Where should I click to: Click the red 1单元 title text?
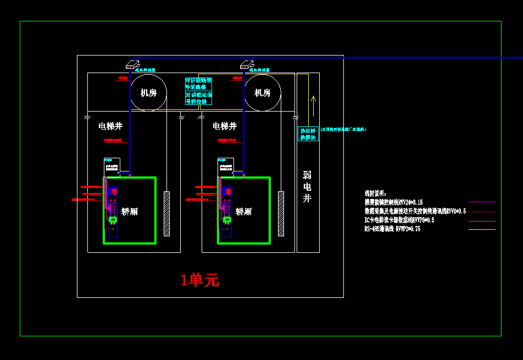coord(200,280)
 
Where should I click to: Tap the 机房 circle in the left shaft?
coord(148,93)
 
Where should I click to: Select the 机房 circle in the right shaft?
coord(263,93)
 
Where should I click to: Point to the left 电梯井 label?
coord(110,126)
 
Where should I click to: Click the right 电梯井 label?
coord(224,126)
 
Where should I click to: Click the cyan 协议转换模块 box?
coord(308,134)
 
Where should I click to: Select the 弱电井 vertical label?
coord(307,186)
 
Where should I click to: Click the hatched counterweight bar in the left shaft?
coord(166,213)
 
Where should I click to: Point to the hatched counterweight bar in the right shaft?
coord(281,213)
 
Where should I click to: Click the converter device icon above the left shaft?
coord(132,64)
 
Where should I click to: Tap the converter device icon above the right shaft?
coord(247,64)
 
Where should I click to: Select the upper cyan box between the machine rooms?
coord(198,84)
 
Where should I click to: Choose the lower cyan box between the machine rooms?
coord(198,98)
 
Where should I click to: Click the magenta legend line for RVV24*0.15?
coord(482,202)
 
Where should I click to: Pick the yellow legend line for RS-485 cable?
coord(482,229)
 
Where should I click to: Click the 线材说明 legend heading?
coord(375,193)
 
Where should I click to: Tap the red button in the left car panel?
coord(113,191)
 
